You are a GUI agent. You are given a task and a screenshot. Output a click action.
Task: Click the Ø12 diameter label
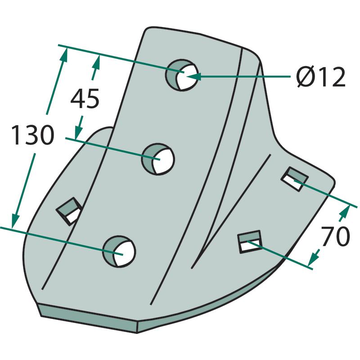(x=321, y=77)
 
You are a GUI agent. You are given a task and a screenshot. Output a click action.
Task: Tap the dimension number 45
(x=85, y=98)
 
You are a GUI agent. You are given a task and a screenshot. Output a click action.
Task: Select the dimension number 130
(x=32, y=135)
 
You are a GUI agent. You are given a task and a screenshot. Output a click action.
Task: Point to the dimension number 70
(x=335, y=236)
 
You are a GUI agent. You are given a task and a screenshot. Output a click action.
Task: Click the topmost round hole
(x=182, y=75)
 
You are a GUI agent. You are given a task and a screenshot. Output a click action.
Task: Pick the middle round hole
(x=158, y=159)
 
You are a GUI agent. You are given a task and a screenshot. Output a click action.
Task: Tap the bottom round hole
(x=119, y=252)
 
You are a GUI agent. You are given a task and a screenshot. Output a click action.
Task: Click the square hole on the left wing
(x=69, y=211)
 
